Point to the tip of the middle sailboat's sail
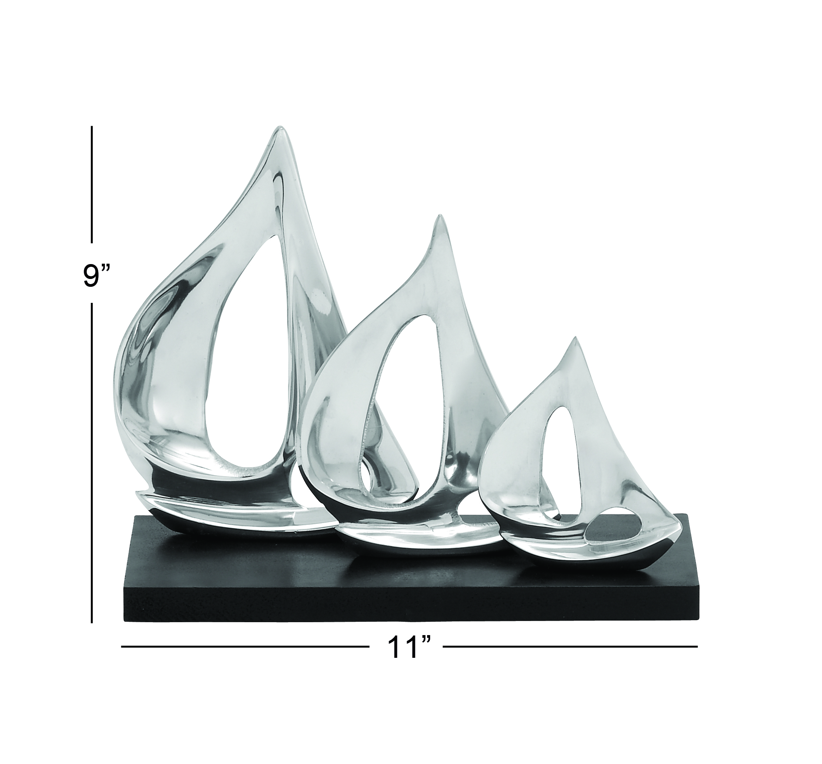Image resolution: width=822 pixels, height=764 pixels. (x=441, y=217)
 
